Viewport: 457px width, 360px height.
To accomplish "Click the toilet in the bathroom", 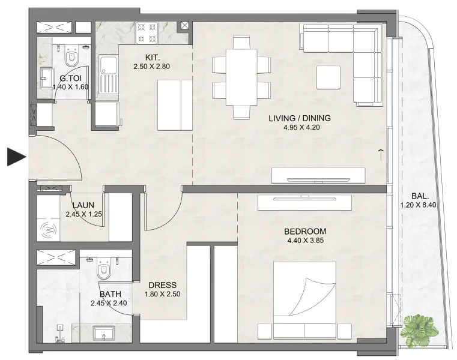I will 104,269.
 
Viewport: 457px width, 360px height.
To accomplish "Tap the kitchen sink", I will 108,66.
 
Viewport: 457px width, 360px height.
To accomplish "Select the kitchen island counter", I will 175,104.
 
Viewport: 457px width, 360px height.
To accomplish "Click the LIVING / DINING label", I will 299,118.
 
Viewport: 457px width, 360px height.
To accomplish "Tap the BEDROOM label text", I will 306,232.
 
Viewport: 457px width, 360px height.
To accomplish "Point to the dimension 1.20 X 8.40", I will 420,205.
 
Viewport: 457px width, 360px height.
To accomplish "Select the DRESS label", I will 162,285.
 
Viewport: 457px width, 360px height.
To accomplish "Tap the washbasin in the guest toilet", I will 46,75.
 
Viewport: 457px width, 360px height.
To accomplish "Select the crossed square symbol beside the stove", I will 185,26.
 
